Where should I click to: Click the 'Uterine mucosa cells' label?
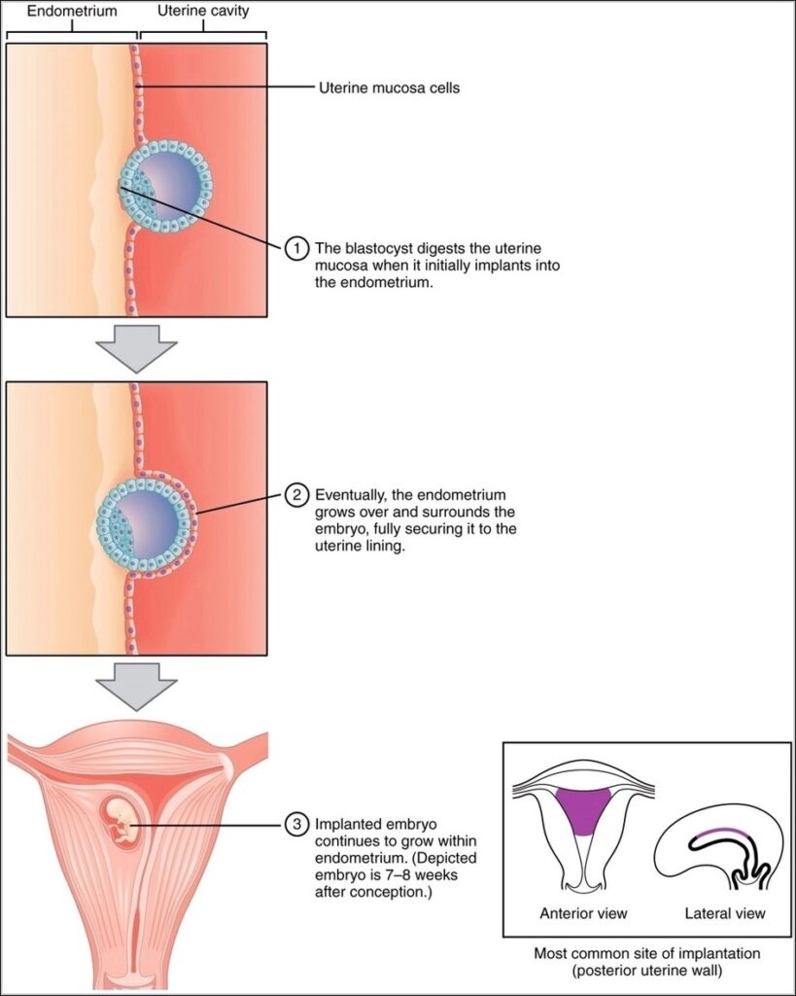(390, 89)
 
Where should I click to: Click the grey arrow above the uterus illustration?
(137, 687)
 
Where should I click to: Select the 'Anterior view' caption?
(583, 913)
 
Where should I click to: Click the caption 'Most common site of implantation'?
(646, 954)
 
